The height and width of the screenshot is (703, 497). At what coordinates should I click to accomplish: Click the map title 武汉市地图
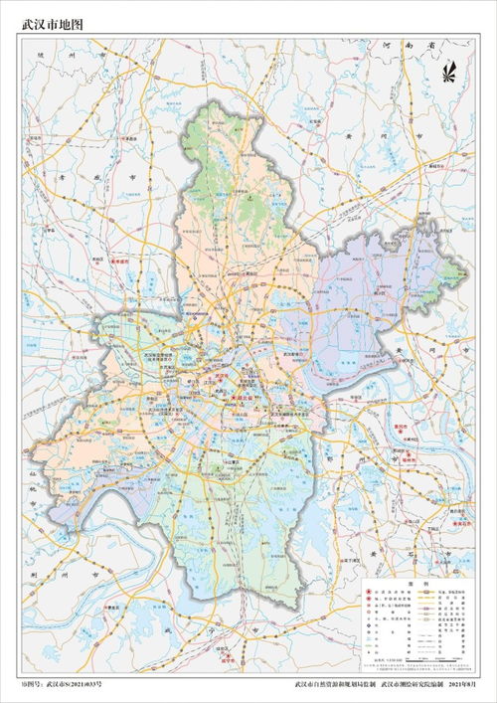point(52,20)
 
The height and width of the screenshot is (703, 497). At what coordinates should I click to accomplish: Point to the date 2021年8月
point(468,685)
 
